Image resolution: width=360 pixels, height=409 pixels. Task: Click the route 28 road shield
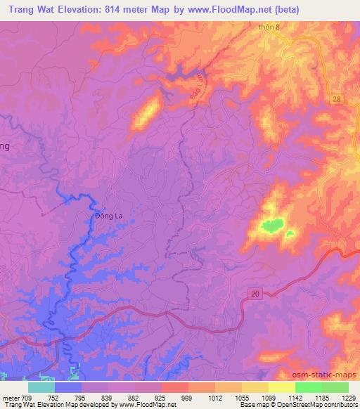pyautogui.click(x=337, y=100)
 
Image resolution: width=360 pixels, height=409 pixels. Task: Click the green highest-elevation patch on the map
pyautogui.click(x=273, y=226)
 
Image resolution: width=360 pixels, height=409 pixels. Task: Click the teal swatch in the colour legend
pyautogui.click(x=41, y=387)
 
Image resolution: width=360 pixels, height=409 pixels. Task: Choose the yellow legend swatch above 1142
pyautogui.click(x=281, y=387)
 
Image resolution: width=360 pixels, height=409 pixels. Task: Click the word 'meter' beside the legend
pyautogui.click(x=11, y=397)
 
